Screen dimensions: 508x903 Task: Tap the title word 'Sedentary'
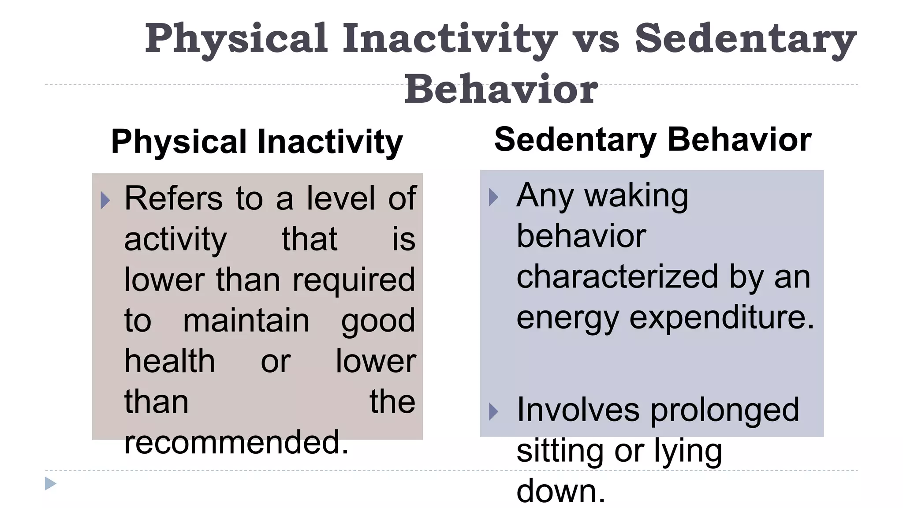745,39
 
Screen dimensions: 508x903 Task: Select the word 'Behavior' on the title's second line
501,90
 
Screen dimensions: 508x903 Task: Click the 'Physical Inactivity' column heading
257,142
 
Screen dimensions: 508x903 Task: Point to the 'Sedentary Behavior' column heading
653,139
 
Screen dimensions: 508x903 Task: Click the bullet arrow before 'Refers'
105,200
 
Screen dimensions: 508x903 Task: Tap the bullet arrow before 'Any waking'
493,197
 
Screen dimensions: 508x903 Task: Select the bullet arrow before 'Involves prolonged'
493,412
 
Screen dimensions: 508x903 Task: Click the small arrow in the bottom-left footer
50,484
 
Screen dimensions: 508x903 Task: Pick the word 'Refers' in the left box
174,198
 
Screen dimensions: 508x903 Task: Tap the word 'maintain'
246,321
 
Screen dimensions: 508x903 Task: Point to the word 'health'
170,361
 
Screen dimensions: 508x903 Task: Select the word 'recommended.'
236,442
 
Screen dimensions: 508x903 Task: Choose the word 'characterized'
617,277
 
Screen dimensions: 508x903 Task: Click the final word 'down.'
561,491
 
